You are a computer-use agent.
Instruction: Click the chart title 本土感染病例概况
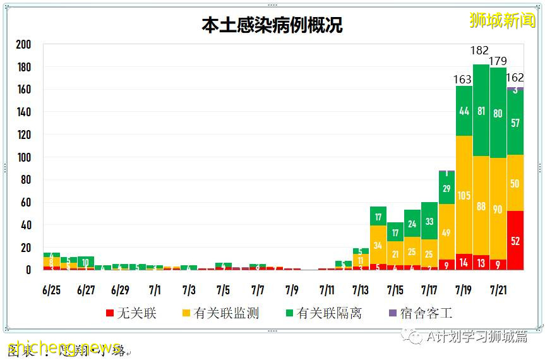pos(272,25)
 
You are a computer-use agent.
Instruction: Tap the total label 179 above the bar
pos(498,61)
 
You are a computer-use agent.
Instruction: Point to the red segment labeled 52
pos(515,241)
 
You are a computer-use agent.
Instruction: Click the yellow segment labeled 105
pos(464,195)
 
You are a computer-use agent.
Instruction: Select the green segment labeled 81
pos(481,111)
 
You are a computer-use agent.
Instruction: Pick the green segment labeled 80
pos(498,113)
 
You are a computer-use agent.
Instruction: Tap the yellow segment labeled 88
pos(481,206)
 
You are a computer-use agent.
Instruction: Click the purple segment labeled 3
pos(515,90)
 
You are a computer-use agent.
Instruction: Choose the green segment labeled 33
pos(429,221)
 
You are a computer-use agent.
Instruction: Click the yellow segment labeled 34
pos(378,245)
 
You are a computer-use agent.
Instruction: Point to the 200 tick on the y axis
pos(23,45)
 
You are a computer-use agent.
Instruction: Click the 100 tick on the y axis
pos(23,157)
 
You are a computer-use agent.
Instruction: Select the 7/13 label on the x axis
pos(361,291)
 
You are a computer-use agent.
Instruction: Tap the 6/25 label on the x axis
pos(52,291)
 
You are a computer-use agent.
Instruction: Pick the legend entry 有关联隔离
pos(323,313)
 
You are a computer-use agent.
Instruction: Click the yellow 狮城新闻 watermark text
pos(502,20)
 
